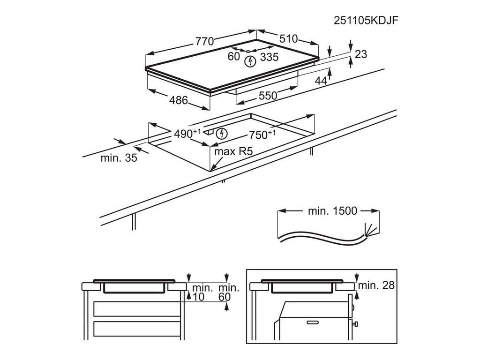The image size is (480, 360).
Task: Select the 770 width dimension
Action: pyautogui.click(x=205, y=41)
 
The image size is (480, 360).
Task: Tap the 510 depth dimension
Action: pyautogui.click(x=289, y=39)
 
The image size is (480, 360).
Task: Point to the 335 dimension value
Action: pyautogui.click(x=270, y=57)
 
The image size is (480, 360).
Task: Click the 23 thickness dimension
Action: pyautogui.click(x=360, y=54)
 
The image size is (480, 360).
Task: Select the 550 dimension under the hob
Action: pyautogui.click(x=268, y=96)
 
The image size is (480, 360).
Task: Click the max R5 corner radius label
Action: pyautogui.click(x=230, y=152)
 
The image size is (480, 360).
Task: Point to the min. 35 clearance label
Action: pyautogui.click(x=119, y=158)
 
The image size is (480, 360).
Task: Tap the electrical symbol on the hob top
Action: pyautogui.click(x=251, y=60)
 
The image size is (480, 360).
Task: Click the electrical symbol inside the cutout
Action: pyautogui.click(x=222, y=134)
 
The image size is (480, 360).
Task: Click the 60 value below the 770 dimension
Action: pyautogui.click(x=233, y=57)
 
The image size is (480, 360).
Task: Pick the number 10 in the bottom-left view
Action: pyautogui.click(x=198, y=297)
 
